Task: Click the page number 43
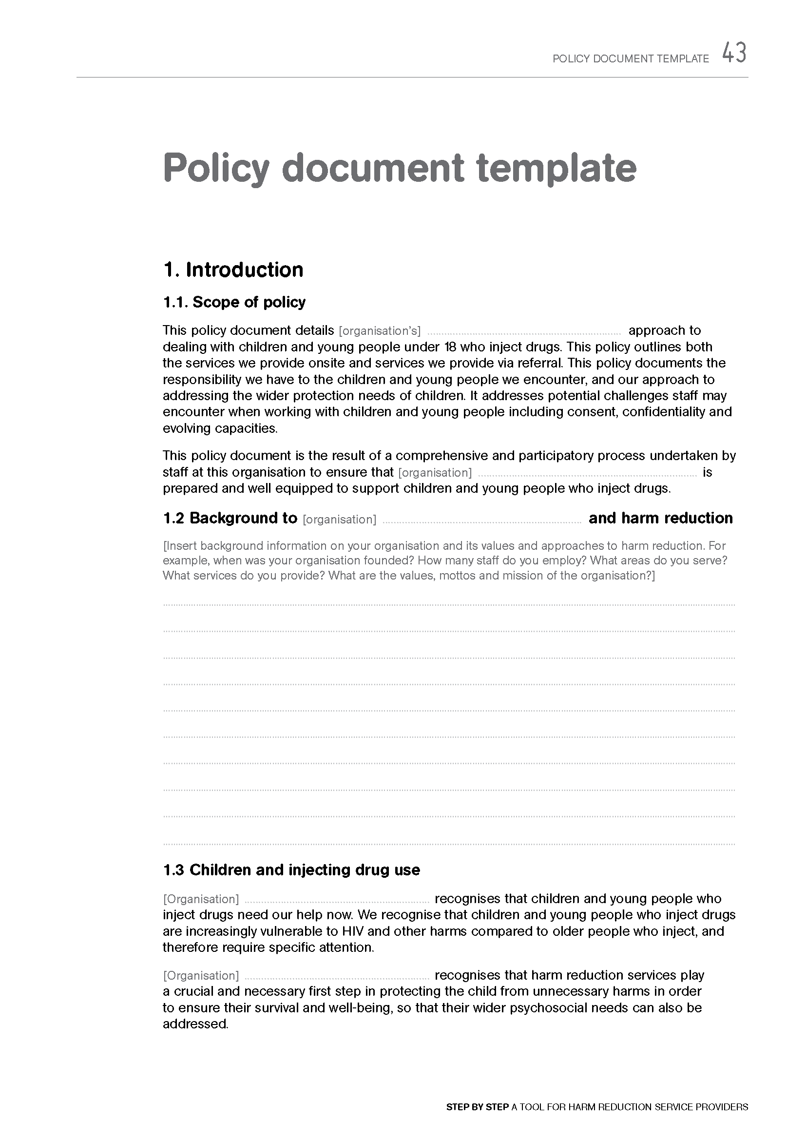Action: (734, 53)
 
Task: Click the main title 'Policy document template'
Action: (400, 168)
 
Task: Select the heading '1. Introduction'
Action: (233, 270)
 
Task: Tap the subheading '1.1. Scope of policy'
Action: (234, 302)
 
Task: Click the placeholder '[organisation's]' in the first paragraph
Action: (380, 330)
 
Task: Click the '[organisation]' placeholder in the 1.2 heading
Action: (340, 520)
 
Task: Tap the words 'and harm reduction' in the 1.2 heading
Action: (661, 518)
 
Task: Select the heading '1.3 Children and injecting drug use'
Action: (291, 869)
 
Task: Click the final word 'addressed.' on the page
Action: (195, 1024)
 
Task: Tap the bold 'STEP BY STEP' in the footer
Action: (478, 1107)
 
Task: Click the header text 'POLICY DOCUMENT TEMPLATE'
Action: (631, 58)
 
